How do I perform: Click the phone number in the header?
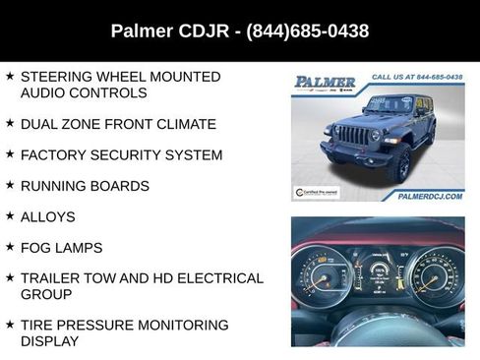pos(308,31)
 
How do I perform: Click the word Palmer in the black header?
pos(142,31)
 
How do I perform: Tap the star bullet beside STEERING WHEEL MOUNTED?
pos(10,76)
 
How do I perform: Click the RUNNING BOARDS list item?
pos(85,186)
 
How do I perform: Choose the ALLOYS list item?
pos(47,216)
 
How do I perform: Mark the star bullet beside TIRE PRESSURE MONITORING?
pos(10,325)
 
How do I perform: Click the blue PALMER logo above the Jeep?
pos(325,82)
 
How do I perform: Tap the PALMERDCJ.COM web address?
pos(429,197)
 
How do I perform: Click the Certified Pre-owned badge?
pos(317,193)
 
